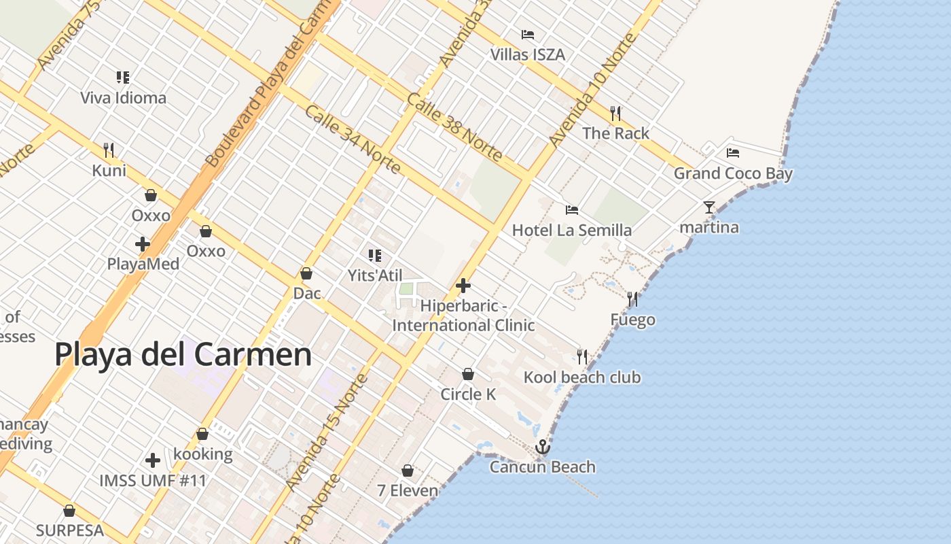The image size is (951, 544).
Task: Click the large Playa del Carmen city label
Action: tap(183, 355)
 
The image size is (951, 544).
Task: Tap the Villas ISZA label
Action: tap(527, 54)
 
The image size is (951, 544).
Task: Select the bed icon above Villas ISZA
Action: tap(527, 34)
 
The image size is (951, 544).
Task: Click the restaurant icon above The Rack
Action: tap(615, 113)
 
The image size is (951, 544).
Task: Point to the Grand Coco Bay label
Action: tap(733, 173)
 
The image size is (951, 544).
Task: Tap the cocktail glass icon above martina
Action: tap(709, 207)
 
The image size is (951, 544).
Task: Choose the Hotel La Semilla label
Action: tap(572, 231)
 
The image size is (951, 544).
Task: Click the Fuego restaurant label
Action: tap(632, 320)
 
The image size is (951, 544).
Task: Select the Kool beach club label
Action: tap(582, 377)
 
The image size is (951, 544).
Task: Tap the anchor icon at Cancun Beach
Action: tap(542, 447)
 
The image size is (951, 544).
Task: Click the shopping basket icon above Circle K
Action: tap(468, 374)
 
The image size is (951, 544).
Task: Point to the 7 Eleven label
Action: tap(408, 490)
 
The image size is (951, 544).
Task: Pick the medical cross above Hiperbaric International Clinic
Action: tap(463, 286)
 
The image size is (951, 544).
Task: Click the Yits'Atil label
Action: tap(375, 275)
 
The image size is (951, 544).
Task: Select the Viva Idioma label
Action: tap(123, 98)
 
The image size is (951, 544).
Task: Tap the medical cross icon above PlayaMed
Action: tap(143, 243)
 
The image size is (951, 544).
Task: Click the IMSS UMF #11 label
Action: tap(153, 481)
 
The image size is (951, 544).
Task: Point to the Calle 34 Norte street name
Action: tap(352, 139)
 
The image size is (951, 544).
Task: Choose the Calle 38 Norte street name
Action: tap(454, 127)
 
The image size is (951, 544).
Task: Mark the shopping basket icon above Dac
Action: tap(306, 273)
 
